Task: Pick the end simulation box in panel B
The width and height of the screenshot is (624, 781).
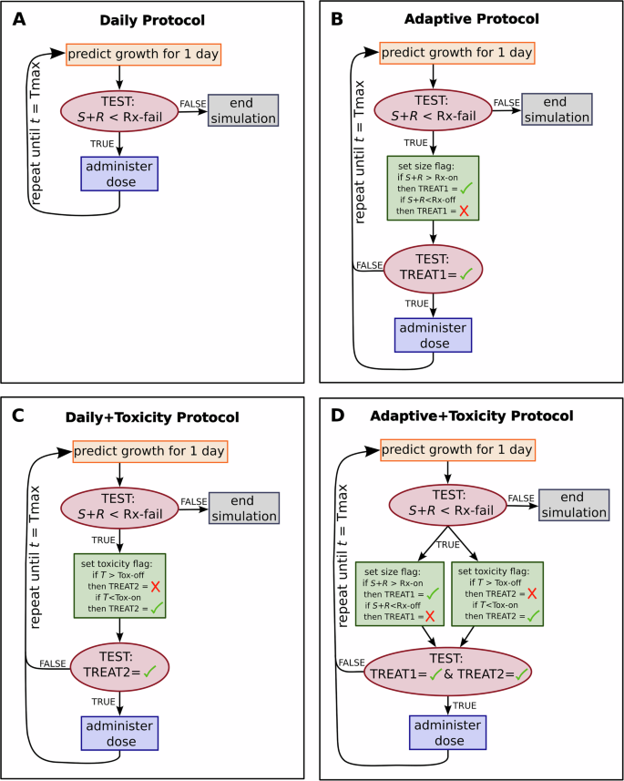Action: pos(555,110)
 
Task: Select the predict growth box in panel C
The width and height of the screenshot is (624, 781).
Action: pos(148,451)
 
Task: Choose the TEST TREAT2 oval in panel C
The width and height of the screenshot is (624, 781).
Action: pos(119,668)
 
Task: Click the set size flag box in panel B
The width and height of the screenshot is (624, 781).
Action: pos(432,188)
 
